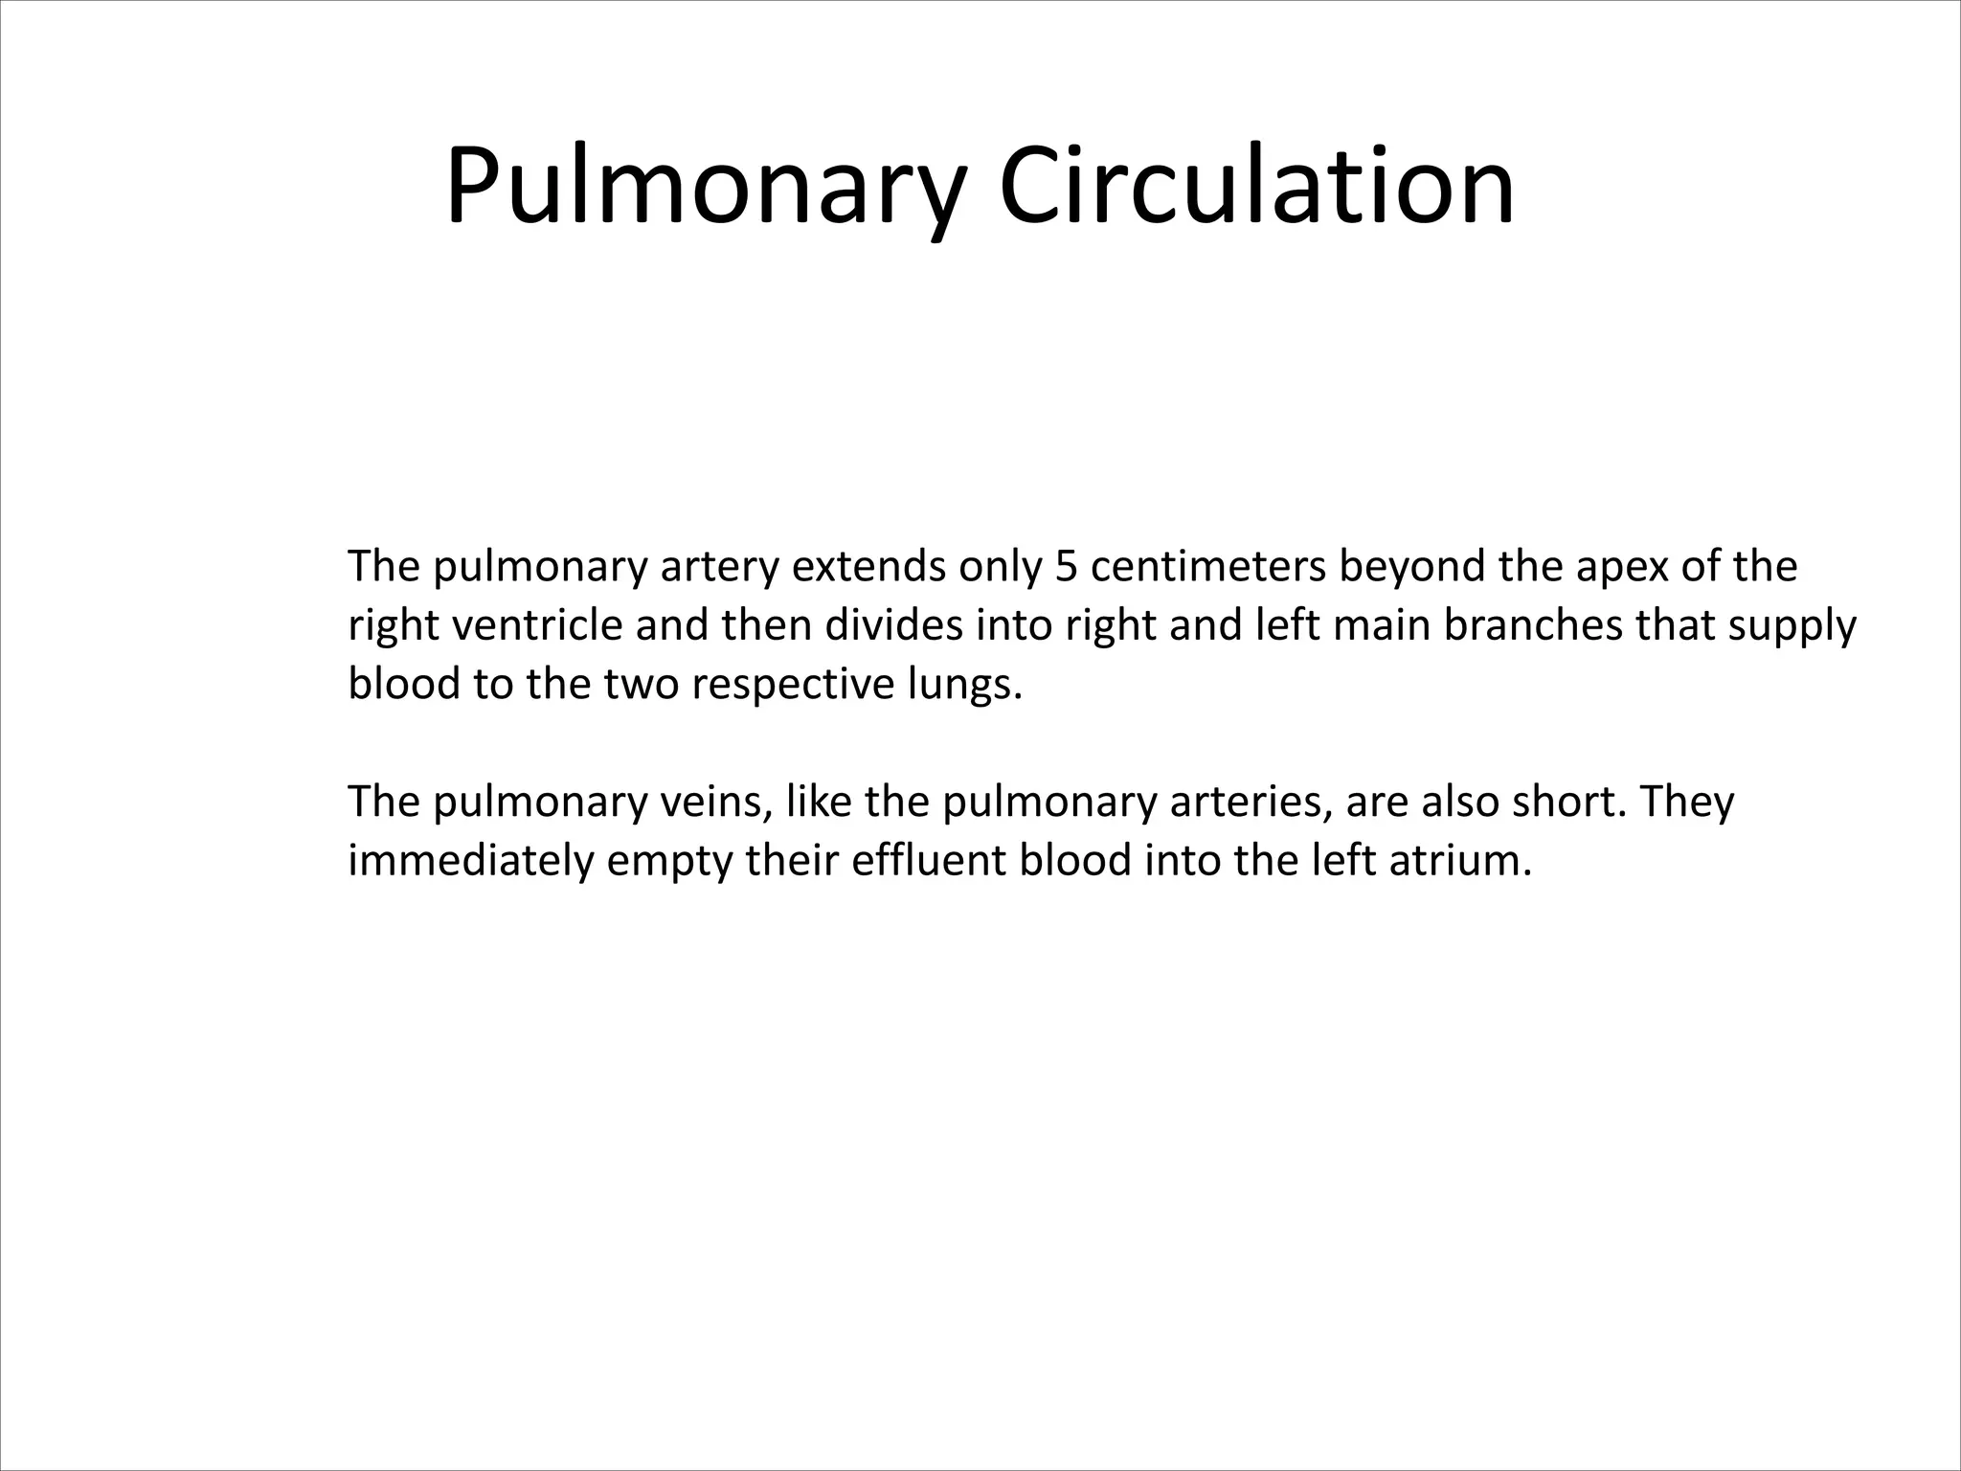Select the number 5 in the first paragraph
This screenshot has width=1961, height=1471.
coord(1066,567)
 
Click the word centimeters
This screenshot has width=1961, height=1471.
coord(1207,567)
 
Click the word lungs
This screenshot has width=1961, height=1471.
coord(965,686)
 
